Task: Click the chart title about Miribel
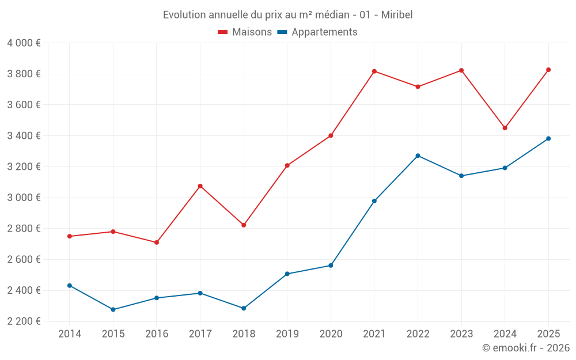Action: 287,14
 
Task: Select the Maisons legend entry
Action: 245,32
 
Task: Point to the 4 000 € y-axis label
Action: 24,43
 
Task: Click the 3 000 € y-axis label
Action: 24,198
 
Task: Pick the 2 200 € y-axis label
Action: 24,321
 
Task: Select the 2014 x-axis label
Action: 70,334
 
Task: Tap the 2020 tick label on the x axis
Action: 331,334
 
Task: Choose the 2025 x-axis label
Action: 548,334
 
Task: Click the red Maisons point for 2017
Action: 200,186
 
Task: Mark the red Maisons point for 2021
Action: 374,71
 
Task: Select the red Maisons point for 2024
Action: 505,128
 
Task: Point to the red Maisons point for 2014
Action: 70,236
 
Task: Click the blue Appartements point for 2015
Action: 113,309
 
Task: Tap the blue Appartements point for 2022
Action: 418,156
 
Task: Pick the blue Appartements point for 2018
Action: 244,308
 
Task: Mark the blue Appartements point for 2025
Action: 548,138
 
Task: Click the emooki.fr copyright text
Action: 525,348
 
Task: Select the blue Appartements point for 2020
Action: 331,266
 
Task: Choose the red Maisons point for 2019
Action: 287,165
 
